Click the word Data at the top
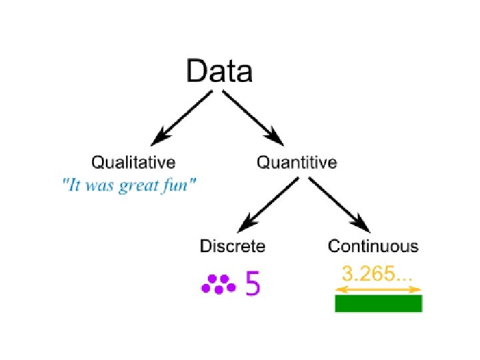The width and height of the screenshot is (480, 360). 219,71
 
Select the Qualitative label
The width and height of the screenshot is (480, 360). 133,162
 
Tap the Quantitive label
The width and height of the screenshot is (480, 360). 297,162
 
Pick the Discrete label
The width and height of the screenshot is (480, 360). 233,246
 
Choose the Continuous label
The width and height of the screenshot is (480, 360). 373,246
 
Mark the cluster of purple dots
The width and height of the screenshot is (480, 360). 218,285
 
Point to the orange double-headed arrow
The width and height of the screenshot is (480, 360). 378,289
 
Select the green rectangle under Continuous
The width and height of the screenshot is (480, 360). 378,303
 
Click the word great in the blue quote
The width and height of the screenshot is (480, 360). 141,186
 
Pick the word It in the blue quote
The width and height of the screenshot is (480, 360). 71,185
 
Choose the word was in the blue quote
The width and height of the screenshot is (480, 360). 99,186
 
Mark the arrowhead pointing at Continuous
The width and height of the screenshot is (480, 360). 362,224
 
